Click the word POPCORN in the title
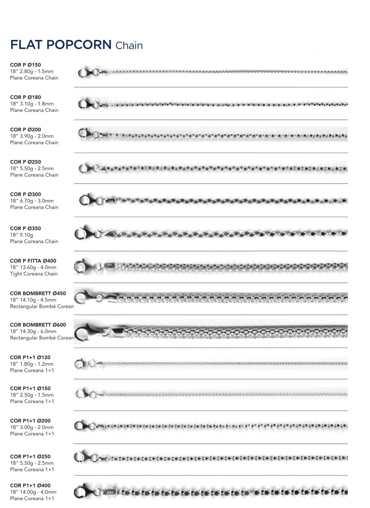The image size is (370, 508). coord(79,45)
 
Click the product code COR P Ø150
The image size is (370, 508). coord(26,65)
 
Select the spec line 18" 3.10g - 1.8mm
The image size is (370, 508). coord(32,104)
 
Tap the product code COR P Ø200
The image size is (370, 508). coord(26,130)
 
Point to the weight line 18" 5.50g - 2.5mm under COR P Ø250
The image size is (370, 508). coord(32,168)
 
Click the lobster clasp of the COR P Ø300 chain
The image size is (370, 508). coord(87,200)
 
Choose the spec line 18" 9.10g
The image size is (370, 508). coord(22,235)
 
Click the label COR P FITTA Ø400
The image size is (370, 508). coord(33,261)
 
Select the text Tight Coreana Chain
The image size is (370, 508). coord(34,274)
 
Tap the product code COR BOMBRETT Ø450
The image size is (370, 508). coord(38,293)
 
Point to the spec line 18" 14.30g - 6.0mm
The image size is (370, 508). coord(33,331)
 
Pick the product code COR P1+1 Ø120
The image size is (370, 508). coord(30,357)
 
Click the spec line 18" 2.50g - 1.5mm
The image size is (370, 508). coord(32,395)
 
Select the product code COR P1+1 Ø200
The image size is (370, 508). coord(30,421)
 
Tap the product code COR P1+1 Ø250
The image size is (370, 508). coord(30,457)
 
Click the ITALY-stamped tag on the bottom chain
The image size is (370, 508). coord(110,492)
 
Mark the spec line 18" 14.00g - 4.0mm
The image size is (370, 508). coord(33,492)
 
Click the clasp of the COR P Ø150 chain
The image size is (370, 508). coord(84,72)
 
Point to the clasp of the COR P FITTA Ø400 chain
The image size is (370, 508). coord(82,267)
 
